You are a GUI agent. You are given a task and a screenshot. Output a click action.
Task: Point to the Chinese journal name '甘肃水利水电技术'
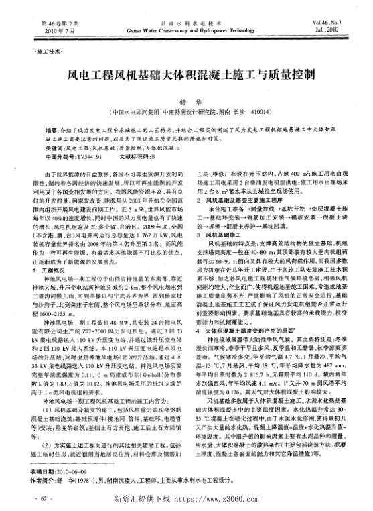187,5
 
